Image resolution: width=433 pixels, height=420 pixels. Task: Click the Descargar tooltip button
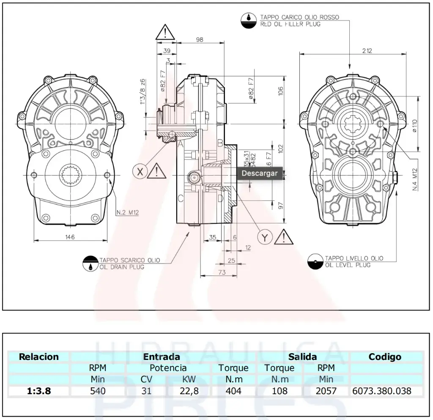click(x=260, y=173)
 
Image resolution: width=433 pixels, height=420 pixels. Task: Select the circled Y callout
click(x=265, y=238)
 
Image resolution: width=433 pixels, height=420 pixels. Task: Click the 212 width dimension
click(x=367, y=51)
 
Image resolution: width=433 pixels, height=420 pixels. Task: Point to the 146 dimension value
click(x=70, y=237)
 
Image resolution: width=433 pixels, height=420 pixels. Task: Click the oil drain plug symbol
click(x=90, y=264)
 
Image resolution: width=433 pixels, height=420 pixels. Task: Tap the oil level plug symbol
click(x=315, y=261)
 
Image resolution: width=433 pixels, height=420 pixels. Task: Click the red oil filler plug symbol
click(x=249, y=20)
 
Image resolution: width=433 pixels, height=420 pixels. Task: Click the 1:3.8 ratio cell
click(x=39, y=391)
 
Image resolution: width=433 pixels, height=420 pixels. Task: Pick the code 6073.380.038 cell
click(x=381, y=391)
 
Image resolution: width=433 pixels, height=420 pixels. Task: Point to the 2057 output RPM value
click(x=326, y=391)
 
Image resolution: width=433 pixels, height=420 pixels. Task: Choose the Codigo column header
click(x=385, y=357)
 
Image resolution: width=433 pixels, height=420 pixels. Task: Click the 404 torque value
click(x=233, y=391)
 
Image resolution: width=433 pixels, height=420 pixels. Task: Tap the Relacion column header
click(x=39, y=357)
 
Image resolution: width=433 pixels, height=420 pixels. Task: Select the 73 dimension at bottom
click(x=222, y=272)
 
